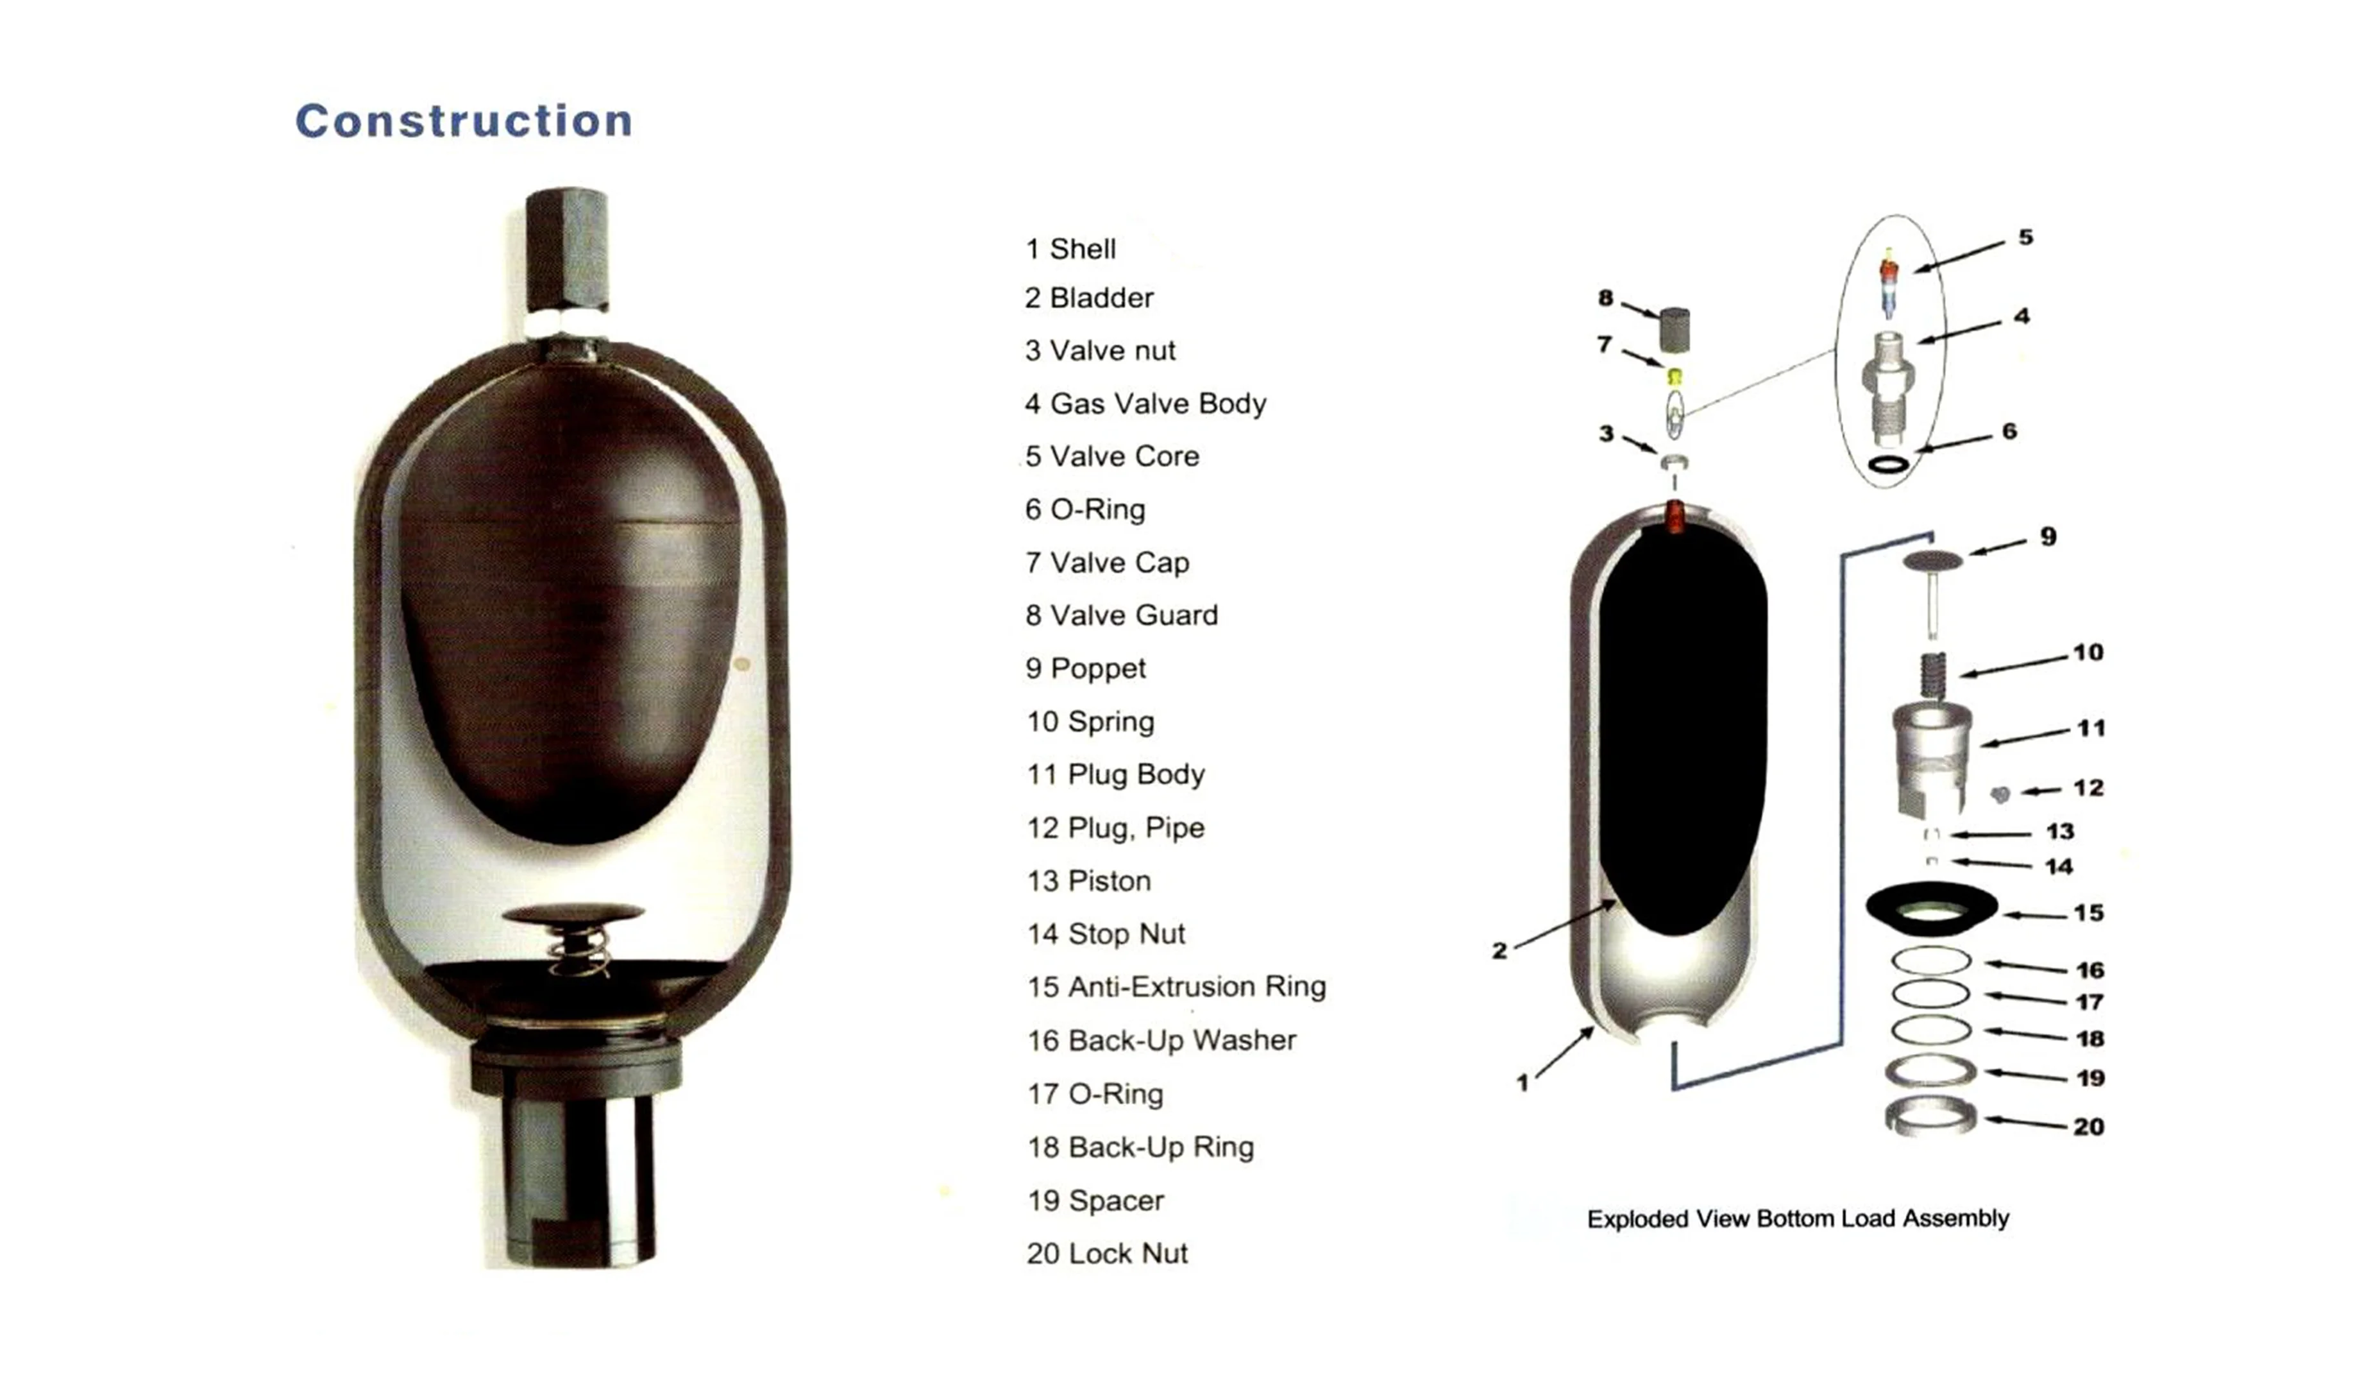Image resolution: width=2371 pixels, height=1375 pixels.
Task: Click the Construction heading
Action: [464, 121]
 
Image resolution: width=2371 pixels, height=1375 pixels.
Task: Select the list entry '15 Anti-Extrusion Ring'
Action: [1176, 986]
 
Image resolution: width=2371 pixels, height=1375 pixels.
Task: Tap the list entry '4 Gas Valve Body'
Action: [1145, 403]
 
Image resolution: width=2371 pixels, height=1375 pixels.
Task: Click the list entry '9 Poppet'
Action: [1086, 668]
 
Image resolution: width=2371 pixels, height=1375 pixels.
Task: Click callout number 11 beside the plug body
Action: [2091, 728]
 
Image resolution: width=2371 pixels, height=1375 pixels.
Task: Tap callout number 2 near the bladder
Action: [1499, 950]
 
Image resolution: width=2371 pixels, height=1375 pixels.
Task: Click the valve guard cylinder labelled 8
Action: [1674, 329]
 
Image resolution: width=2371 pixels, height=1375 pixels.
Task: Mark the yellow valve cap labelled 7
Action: [1674, 377]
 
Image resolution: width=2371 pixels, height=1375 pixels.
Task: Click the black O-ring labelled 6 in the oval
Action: [1889, 464]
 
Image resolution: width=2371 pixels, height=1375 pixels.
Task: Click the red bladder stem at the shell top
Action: [1674, 517]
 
